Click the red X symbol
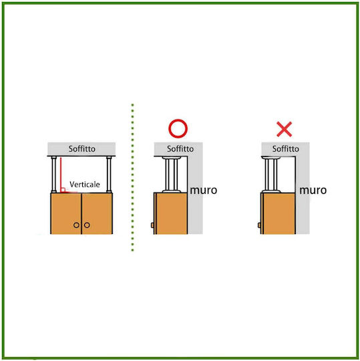pyautogui.click(x=285, y=129)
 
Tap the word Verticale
pyautogui.click(x=85, y=185)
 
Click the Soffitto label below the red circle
pyautogui.click(x=180, y=148)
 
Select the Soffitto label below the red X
pyautogui.click(x=286, y=148)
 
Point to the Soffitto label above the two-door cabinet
pyautogui.click(x=82, y=148)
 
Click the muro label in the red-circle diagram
pyautogui.click(x=204, y=191)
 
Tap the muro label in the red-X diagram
pyautogui.click(x=313, y=191)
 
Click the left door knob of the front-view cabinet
pyautogui.click(x=76, y=225)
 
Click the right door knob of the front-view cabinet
pyautogui.click(x=87, y=225)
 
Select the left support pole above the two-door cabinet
pyautogui.click(x=54, y=174)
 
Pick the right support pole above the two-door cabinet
pyautogui.click(x=109, y=174)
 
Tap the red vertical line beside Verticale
pyautogui.click(x=61, y=174)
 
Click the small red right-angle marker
pyautogui.click(x=63, y=190)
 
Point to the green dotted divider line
pyautogui.click(x=132, y=178)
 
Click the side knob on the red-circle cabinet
pyautogui.click(x=152, y=225)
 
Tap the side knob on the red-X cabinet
pyautogui.click(x=259, y=225)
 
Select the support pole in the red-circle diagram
pyautogui.click(x=172, y=174)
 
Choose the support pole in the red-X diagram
pyautogui.click(x=271, y=174)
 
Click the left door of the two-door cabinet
pyautogui.click(x=66, y=214)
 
